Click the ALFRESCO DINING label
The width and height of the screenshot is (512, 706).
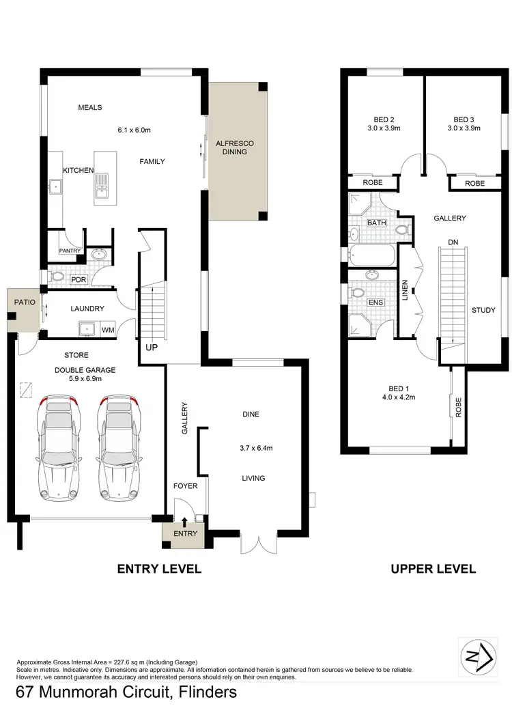coord(235,147)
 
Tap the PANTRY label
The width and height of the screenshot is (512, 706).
coord(70,251)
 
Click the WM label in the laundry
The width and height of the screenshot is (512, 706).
coord(108,330)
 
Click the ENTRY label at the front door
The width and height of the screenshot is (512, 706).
coord(185,533)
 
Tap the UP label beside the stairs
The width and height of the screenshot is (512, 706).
coord(152,348)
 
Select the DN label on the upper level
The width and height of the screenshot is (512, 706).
coord(453,242)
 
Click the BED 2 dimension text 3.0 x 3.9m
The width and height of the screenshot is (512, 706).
coord(382,128)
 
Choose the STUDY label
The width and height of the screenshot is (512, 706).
coord(483,310)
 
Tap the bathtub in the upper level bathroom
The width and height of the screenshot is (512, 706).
coord(371,257)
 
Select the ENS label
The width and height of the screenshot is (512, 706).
coord(375,302)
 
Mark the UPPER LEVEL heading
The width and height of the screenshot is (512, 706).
coord(433,569)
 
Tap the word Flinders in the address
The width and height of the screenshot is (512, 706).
coord(203,692)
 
